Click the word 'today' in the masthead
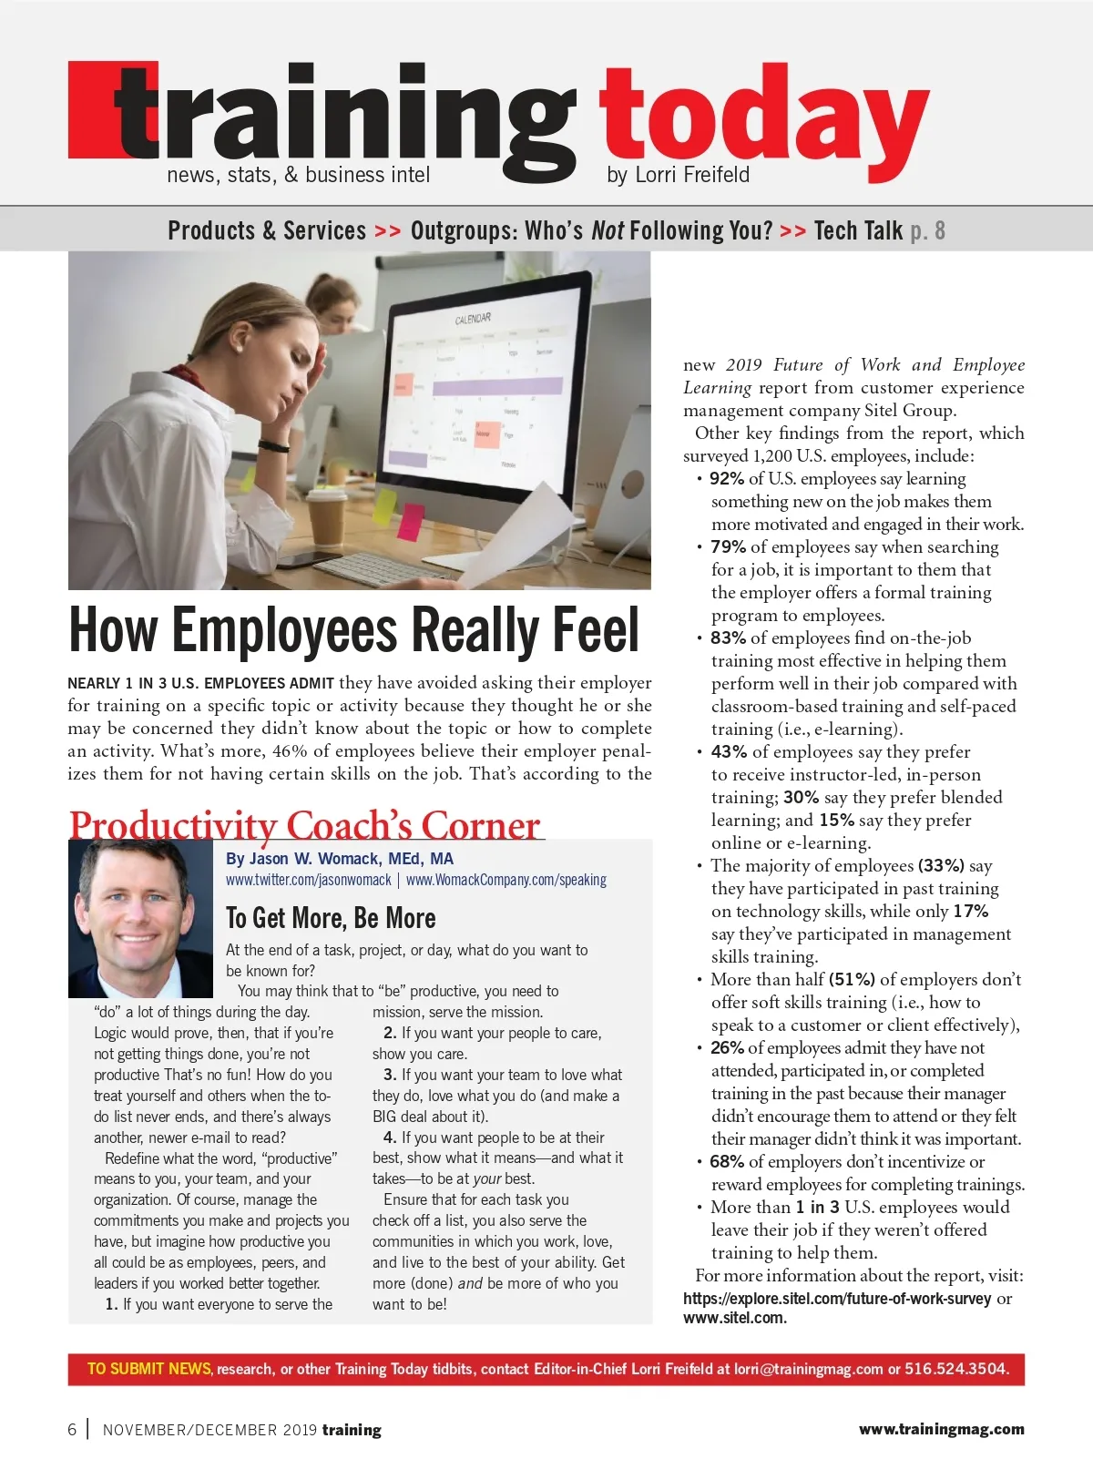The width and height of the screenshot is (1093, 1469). coord(763,123)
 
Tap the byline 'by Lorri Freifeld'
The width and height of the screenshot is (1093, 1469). coord(678,175)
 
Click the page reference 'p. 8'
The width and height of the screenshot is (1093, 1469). coord(927,231)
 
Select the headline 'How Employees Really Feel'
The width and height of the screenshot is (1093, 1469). coord(354,630)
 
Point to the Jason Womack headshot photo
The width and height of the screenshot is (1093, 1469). coord(140,917)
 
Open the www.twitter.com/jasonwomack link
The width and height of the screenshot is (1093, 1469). coord(308,880)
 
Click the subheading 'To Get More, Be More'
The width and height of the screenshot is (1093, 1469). coord(331,917)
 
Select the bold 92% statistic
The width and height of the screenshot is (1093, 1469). coord(727,479)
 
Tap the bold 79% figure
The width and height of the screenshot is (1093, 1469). coord(728,547)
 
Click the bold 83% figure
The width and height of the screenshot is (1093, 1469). coord(728,638)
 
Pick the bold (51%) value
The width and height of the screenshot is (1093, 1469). coord(852,980)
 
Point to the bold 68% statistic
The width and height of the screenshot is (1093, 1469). coord(727,1162)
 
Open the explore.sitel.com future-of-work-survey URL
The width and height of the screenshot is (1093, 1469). coord(836,1299)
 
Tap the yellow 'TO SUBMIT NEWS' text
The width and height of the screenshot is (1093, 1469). coord(149,1369)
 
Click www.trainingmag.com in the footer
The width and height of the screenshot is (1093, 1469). coord(941,1430)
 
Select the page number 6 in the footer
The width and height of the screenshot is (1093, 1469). coord(72,1430)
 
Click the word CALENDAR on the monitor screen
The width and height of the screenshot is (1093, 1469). coord(473,319)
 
